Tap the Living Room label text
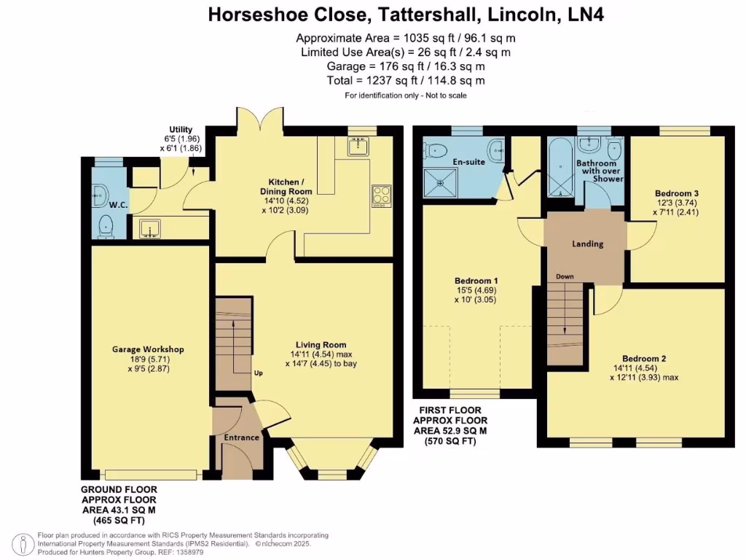[x=321, y=345]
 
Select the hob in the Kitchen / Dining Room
[x=381, y=194]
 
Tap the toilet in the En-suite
[x=436, y=151]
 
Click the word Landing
[x=587, y=244]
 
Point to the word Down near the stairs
[x=565, y=277]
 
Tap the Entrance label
[x=241, y=437]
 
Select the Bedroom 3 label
[x=677, y=193]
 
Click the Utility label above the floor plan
[x=181, y=129]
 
